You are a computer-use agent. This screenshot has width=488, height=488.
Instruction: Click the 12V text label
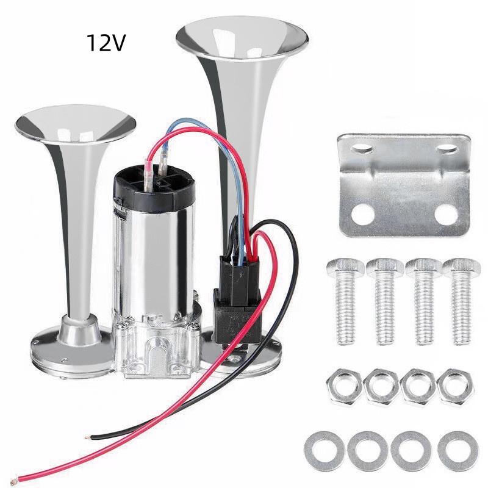tap(106, 43)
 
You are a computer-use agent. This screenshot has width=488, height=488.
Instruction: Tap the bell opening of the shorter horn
tap(75, 124)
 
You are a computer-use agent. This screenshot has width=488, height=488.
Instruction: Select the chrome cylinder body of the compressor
tap(153, 262)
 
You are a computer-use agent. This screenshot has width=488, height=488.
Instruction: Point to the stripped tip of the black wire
tap(87, 437)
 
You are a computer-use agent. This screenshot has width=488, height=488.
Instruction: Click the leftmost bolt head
tap(345, 268)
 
